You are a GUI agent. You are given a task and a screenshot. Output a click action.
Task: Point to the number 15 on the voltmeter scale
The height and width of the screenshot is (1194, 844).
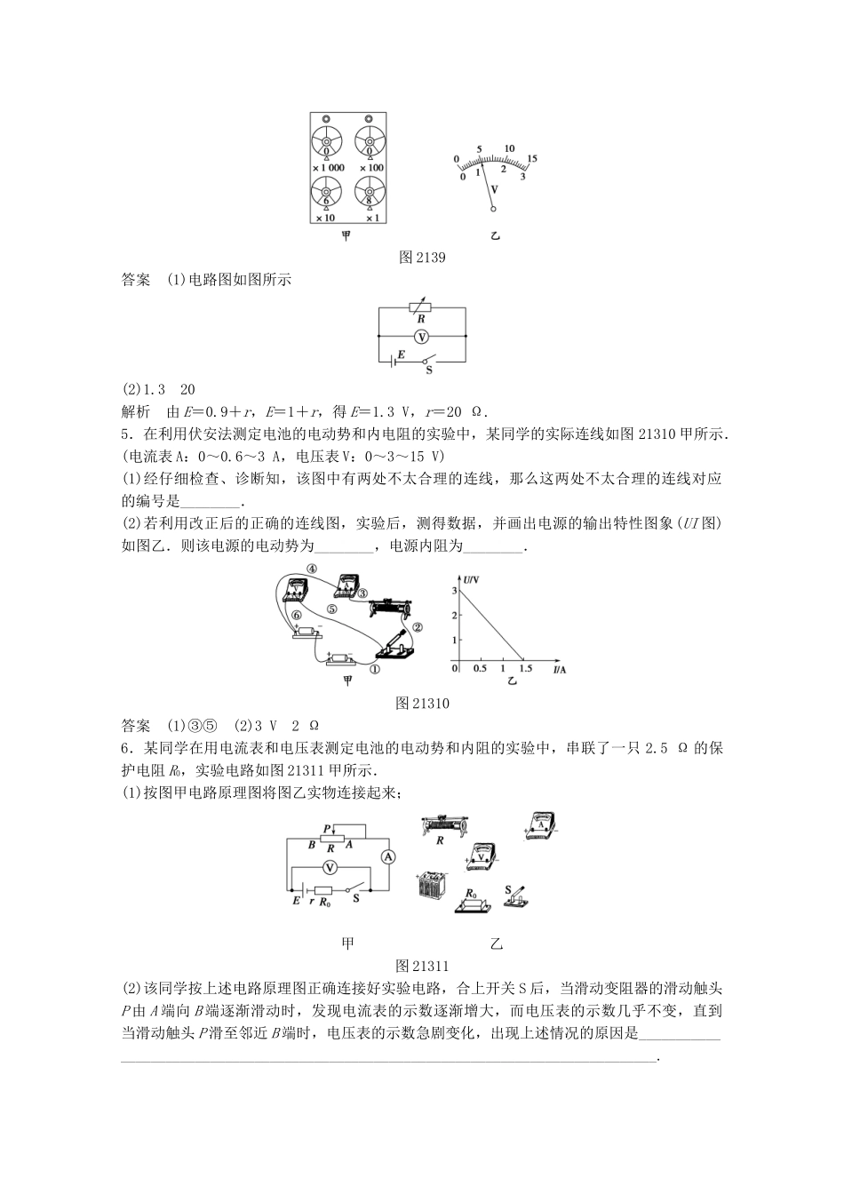click(x=533, y=158)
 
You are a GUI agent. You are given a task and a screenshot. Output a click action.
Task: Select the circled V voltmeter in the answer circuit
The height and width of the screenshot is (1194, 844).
click(x=422, y=336)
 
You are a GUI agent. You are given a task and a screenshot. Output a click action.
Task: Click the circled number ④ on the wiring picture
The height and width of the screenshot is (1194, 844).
click(x=312, y=569)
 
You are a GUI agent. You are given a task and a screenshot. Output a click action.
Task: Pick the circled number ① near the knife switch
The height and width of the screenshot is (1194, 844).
click(x=376, y=672)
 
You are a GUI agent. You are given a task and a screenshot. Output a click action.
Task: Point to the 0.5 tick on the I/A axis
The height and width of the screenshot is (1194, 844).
click(x=480, y=668)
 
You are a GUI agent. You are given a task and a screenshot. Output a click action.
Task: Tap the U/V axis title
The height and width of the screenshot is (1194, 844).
click(x=471, y=578)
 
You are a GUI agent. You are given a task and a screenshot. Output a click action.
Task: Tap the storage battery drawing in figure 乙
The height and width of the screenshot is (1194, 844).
click(x=432, y=886)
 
